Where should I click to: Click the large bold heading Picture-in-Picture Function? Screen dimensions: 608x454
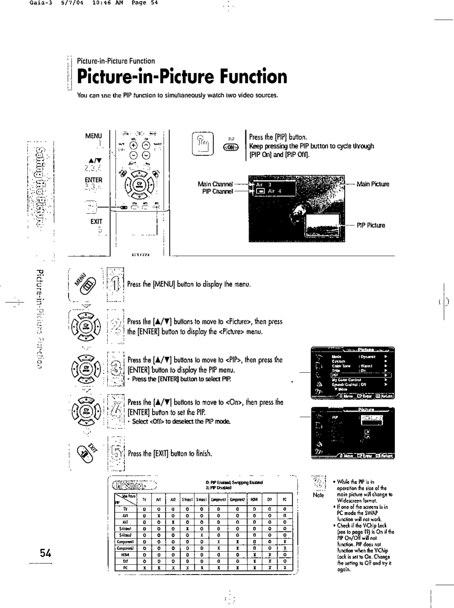[182, 76]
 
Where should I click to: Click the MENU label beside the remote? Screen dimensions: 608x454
[93, 136]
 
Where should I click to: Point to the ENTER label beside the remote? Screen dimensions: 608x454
[93, 180]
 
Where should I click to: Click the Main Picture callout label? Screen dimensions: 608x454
[372, 184]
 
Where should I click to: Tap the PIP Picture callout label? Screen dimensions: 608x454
[371, 225]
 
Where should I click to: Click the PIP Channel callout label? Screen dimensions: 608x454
[218, 192]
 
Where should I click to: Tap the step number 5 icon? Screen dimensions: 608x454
[117, 453]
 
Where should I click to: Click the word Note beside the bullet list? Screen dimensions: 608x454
[318, 495]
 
